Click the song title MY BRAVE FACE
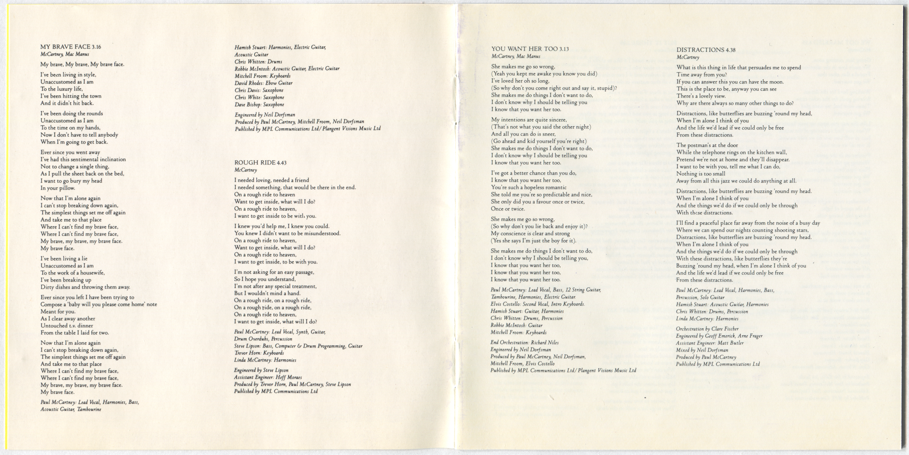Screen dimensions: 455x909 point(65,47)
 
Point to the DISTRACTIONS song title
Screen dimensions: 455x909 point(701,50)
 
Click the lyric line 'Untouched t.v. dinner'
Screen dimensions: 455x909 point(67,326)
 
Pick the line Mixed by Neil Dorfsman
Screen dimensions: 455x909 point(702,350)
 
